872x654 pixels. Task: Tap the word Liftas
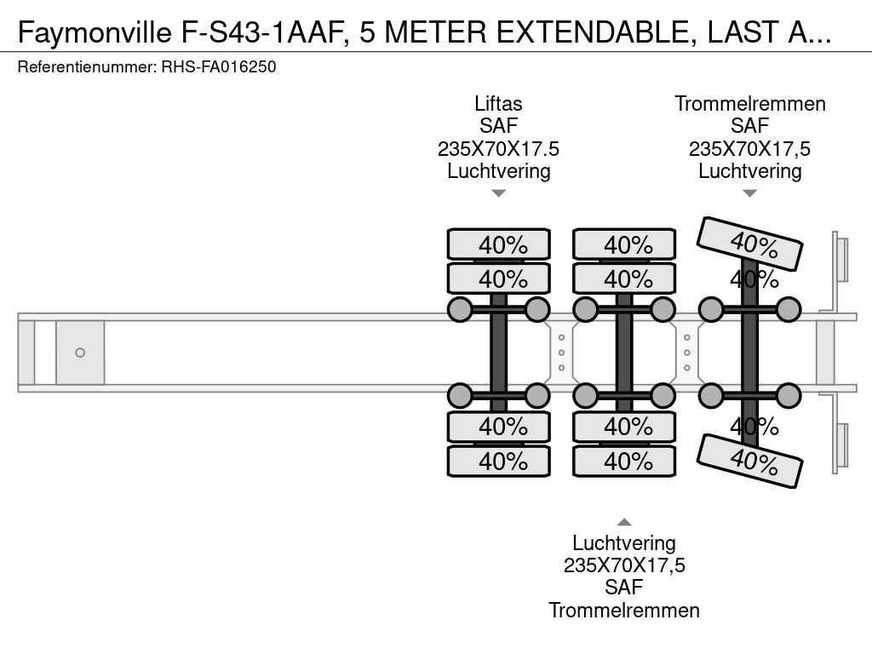click(x=498, y=104)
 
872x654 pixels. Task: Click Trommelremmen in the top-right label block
click(x=750, y=104)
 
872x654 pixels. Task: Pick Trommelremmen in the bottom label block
click(x=624, y=610)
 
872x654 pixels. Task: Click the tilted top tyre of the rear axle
click(x=750, y=244)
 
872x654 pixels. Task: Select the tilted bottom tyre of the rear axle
click(x=750, y=461)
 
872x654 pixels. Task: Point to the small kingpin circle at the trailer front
click(x=80, y=353)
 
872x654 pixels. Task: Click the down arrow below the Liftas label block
click(x=499, y=193)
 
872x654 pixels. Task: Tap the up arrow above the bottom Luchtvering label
click(x=624, y=522)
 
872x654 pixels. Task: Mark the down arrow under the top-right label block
click(x=750, y=193)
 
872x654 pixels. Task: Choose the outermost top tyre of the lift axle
click(x=499, y=244)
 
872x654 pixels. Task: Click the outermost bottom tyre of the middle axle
click(x=624, y=462)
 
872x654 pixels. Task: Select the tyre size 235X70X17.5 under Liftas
click(x=498, y=148)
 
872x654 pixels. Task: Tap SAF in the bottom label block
click(x=624, y=588)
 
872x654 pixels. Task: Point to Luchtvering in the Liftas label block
click(x=498, y=170)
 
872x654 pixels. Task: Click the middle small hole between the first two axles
click(x=562, y=353)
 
